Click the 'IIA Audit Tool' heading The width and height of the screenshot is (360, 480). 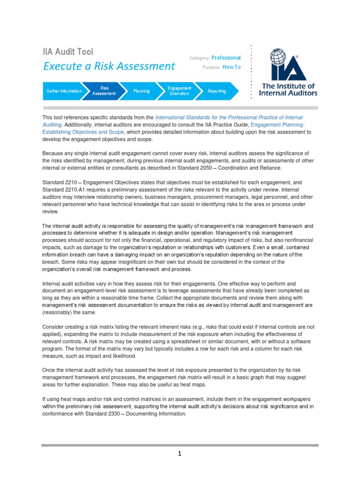click(x=68, y=52)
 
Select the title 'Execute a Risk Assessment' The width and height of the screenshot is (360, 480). click(x=109, y=66)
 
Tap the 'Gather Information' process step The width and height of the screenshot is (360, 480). click(x=63, y=91)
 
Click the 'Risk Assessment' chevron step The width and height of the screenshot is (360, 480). click(x=104, y=91)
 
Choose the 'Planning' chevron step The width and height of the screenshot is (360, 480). click(x=141, y=91)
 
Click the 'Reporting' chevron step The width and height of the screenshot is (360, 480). click(x=217, y=91)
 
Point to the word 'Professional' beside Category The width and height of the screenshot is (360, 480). click(x=226, y=58)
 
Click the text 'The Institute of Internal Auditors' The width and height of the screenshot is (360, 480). click(x=288, y=90)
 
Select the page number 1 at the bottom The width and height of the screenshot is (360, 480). click(x=180, y=454)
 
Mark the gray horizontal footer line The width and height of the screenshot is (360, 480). click(x=180, y=445)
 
